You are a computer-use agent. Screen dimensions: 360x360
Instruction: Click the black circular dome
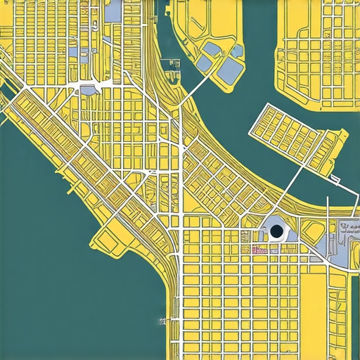(x=276, y=231)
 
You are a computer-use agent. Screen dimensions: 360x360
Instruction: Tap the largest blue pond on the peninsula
(x=229, y=68)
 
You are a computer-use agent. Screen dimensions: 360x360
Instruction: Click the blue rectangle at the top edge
(x=112, y=10)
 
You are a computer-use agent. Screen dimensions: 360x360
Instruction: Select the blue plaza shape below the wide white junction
(x=89, y=90)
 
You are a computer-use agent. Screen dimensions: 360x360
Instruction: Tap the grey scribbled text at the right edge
(x=347, y=229)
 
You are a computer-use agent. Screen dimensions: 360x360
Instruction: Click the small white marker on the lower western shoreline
(x=162, y=321)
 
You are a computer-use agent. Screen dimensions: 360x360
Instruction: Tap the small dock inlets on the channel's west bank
(x=171, y=65)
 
